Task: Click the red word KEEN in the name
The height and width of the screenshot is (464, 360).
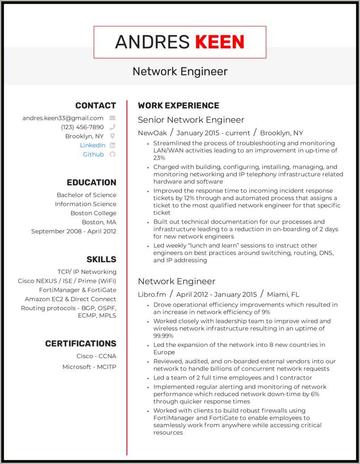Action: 220,42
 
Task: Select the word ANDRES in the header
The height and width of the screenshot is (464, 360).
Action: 152,42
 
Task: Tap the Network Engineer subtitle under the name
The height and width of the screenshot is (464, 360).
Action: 180,72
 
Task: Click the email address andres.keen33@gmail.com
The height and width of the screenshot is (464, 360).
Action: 63,118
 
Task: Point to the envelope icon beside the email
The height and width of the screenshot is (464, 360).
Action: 113,118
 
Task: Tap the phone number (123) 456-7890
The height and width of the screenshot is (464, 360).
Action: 82,127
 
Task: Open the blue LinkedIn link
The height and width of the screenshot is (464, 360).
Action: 93,145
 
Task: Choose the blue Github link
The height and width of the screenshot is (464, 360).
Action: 93,154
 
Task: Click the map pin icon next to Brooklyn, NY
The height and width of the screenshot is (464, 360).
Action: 113,136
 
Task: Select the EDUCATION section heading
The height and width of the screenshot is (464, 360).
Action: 91,182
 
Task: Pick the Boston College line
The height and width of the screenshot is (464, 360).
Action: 93,213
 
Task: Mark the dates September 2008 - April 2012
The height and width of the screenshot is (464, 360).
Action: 74,231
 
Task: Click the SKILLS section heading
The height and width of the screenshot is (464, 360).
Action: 101,259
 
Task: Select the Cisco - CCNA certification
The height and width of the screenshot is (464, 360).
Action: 96,356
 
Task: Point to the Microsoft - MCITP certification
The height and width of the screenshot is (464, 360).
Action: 89,367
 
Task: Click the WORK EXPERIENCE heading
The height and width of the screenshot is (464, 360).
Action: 178,105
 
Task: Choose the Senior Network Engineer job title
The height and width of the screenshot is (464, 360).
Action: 191,120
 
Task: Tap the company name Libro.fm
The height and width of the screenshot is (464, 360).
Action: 152,294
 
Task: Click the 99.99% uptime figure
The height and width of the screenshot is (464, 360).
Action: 163,336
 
